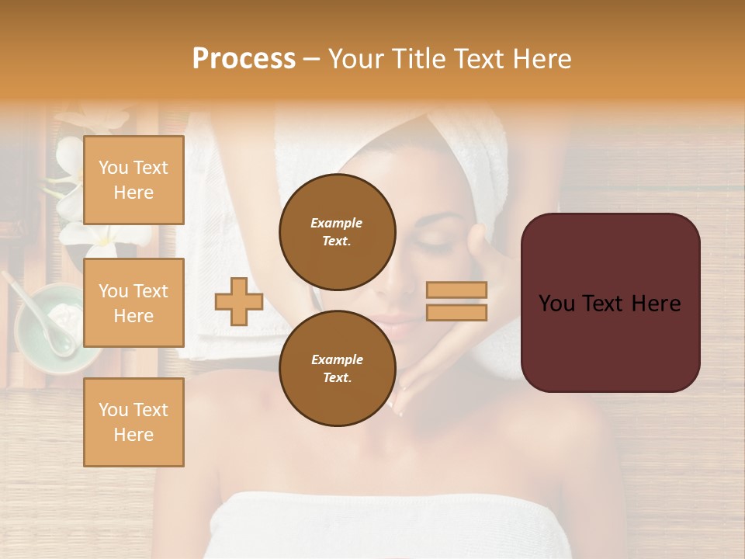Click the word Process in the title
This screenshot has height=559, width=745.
coord(244,59)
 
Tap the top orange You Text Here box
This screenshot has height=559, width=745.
coord(133,180)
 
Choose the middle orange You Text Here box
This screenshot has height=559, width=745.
coord(133,303)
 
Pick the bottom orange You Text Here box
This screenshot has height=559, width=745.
coord(133,422)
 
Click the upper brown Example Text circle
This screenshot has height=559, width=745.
coord(337,231)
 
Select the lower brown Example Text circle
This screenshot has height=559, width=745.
coord(337,368)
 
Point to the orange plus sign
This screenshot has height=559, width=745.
coord(239,301)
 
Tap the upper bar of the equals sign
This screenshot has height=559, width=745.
coord(457,290)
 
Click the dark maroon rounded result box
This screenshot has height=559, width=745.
coord(610,303)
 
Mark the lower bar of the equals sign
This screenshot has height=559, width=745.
coord(457,312)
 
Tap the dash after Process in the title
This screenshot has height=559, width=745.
coord(312,59)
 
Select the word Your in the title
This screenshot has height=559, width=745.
coord(355,59)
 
